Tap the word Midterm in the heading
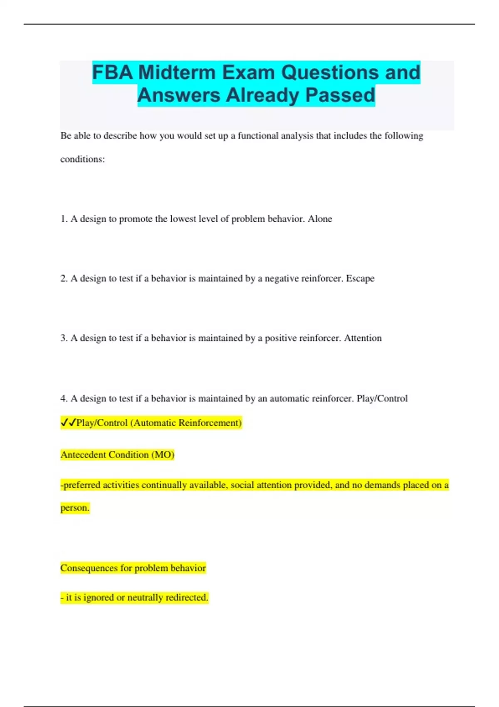[x=177, y=72]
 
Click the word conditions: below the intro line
[x=82, y=159]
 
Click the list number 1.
[x=64, y=219]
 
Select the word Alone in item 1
[x=320, y=219]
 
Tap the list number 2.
[x=64, y=278]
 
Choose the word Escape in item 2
[x=360, y=278]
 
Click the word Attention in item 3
[x=363, y=338]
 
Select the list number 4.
[x=64, y=398]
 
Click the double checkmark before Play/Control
[x=68, y=423]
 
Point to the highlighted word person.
[x=75, y=508]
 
